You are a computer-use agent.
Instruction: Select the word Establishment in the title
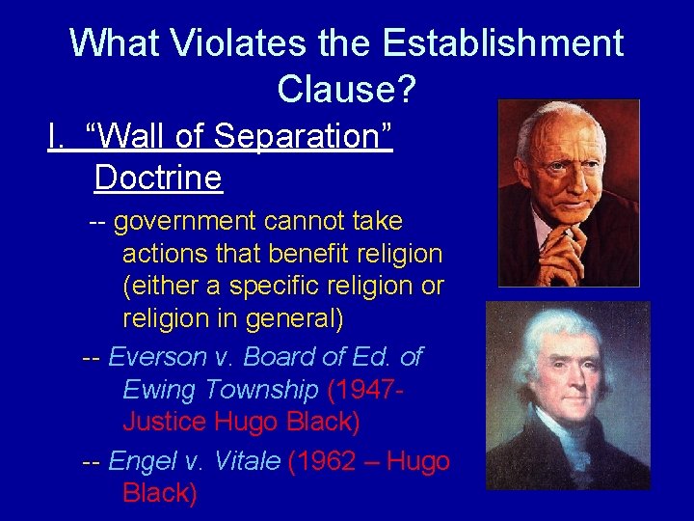point(502,43)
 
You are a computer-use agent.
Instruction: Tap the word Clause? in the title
point(346,89)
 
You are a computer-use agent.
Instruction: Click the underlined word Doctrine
point(158,178)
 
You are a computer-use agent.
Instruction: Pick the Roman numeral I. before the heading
point(57,136)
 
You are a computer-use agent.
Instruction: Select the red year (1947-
point(365,390)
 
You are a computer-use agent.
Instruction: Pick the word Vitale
point(241,461)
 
